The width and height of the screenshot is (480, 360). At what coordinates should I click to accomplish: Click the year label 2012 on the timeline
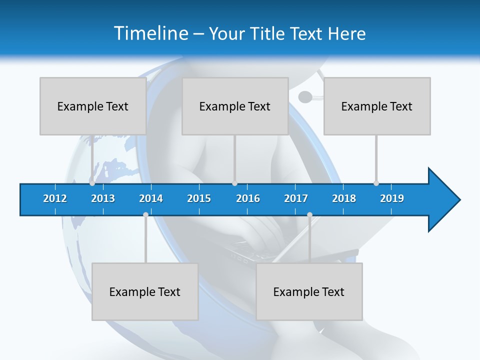tap(55, 198)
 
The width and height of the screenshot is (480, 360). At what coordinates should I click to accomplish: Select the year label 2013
tap(103, 198)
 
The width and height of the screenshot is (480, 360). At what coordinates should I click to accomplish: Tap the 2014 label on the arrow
tap(151, 198)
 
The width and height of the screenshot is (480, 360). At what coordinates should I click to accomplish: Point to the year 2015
tap(199, 198)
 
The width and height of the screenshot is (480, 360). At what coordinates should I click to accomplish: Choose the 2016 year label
tap(248, 198)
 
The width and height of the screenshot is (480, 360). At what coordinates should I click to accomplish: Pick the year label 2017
tap(296, 198)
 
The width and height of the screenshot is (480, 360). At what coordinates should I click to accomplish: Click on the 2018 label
tap(344, 198)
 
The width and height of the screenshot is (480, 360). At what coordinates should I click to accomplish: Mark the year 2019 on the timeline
tap(392, 198)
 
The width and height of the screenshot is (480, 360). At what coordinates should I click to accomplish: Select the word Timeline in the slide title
tap(149, 33)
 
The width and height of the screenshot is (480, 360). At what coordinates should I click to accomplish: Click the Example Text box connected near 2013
tap(93, 106)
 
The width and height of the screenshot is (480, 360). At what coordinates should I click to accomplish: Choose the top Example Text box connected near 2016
tap(235, 106)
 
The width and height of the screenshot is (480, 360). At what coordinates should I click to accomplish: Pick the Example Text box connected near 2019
tap(377, 106)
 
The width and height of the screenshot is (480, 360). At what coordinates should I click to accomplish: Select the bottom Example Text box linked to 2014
tap(145, 291)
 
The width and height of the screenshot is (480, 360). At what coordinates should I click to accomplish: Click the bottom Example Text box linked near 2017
tap(309, 291)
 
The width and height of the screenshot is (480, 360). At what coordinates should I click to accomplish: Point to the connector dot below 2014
tap(145, 215)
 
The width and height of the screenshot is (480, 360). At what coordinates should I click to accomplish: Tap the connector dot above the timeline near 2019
tap(376, 183)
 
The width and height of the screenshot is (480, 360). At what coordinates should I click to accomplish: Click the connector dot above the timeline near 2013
tap(92, 183)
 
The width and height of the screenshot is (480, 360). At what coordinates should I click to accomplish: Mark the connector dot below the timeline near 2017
tap(309, 215)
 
